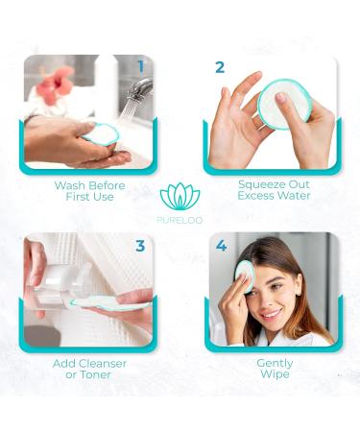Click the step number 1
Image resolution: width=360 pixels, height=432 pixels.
(x=140, y=67)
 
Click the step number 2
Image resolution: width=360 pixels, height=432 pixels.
(x=219, y=68)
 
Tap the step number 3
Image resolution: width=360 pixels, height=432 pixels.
(x=140, y=246)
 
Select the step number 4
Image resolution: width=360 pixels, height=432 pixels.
(x=222, y=246)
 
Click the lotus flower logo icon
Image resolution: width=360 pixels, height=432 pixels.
(x=180, y=196)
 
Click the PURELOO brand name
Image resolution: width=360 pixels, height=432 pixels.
(x=180, y=219)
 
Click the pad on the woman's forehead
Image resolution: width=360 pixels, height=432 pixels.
(x=244, y=276)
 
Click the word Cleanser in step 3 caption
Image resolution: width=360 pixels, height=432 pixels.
(x=99, y=364)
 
